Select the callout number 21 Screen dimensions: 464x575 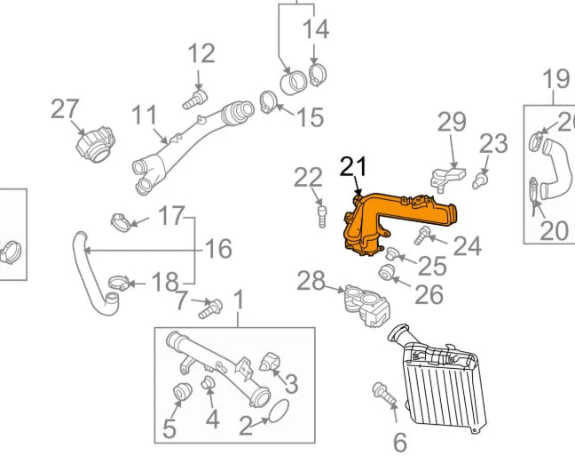(x=352, y=166)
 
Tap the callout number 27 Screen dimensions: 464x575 (x=65, y=109)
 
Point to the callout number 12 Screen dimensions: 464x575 (x=201, y=53)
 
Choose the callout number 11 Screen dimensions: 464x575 (x=145, y=115)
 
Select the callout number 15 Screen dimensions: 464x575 (x=310, y=116)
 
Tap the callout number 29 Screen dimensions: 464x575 (x=451, y=122)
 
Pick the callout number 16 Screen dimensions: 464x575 (x=218, y=248)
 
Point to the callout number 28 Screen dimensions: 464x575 (x=311, y=282)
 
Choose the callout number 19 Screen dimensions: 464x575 (x=555, y=80)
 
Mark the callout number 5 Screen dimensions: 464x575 (x=169, y=429)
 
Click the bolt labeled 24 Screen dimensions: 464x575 (x=423, y=235)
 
